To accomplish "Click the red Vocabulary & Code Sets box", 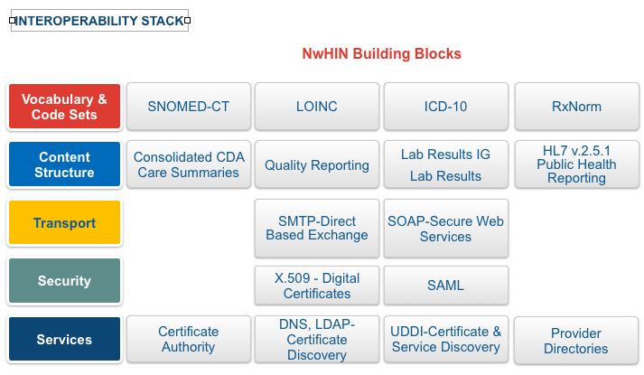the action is coord(64,107).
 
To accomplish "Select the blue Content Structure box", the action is coord(64,164).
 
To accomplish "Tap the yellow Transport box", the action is coord(64,222).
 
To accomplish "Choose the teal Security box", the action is coord(64,280).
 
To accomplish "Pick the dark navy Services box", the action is coord(64,339).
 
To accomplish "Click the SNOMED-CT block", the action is coord(189,107).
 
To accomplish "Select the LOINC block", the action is coord(317,107).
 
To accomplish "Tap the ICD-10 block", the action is coord(445,107).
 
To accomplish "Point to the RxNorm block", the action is coord(576,107).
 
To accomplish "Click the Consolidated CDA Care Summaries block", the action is coord(189,164).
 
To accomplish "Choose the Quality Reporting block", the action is coord(317,164).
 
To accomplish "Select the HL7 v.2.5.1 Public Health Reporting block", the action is coord(576,164).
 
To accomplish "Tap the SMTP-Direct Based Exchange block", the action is coord(317,229).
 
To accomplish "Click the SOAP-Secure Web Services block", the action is coord(445,229).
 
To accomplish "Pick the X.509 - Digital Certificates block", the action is coord(317,286).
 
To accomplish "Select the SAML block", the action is coord(445,286).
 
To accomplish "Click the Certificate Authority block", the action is coord(189,339).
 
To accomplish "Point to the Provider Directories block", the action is coord(576,341).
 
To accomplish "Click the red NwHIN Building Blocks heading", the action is coord(381,54).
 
